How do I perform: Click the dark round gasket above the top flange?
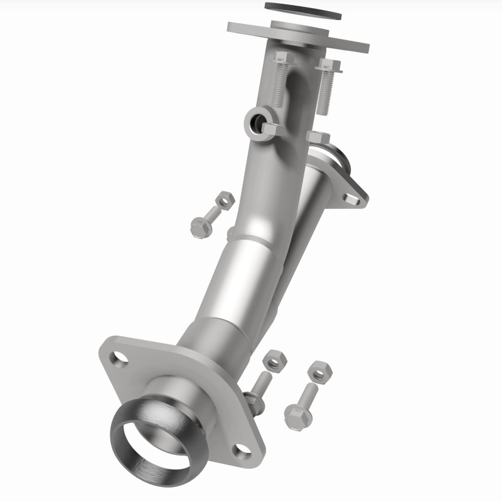tap(302, 11)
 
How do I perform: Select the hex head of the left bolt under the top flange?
tap(282, 58)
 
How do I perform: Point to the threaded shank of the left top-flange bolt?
tap(279, 85)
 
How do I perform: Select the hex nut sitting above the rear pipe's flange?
tap(318, 138)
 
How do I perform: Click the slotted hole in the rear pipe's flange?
tap(352, 199)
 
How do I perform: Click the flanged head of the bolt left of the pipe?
tap(200, 227)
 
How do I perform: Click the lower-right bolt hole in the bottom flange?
tap(242, 450)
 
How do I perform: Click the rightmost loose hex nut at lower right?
tap(320, 372)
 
